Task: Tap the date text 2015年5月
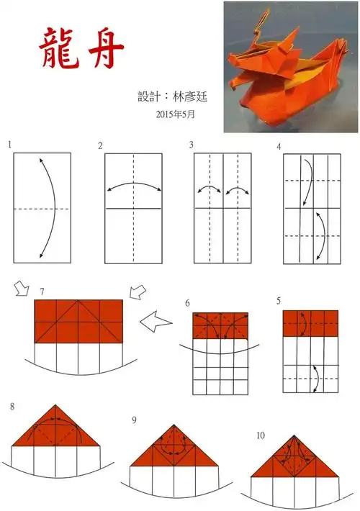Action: (175, 114)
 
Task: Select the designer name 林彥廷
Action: (189, 96)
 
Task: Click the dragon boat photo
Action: (291, 67)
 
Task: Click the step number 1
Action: (10, 145)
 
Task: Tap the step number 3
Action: (192, 145)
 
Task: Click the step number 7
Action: (42, 291)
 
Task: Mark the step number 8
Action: (12, 407)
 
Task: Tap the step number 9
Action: (135, 420)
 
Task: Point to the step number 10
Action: (260, 436)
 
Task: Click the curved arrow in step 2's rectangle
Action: (133, 186)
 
